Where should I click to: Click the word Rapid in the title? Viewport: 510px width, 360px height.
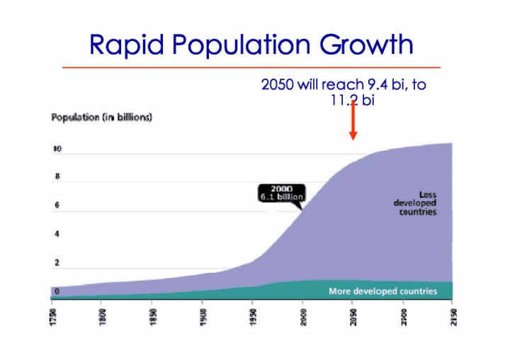tap(125, 45)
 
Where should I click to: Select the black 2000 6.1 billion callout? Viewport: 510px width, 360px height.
tap(281, 192)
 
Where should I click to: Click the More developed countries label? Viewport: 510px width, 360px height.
tap(382, 291)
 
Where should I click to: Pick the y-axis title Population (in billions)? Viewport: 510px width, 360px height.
tap(101, 117)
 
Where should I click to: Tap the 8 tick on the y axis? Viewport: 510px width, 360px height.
tap(57, 176)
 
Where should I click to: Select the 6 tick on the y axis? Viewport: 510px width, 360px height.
tap(57, 206)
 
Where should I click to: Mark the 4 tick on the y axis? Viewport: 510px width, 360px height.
tap(57, 234)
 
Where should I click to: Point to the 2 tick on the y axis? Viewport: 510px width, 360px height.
tap(57, 263)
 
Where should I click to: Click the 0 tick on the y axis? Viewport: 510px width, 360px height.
tap(57, 291)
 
